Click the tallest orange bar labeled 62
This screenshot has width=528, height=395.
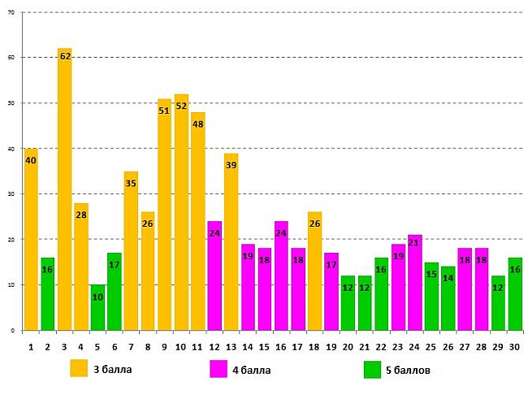point(64,195)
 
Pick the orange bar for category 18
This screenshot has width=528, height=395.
point(314,276)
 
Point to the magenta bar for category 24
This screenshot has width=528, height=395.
point(414,284)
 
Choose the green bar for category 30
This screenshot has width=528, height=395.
point(514,297)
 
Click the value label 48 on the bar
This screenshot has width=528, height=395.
point(197,124)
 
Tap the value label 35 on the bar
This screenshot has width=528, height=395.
point(131,184)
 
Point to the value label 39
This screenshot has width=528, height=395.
point(231,165)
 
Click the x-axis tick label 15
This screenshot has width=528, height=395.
point(264,347)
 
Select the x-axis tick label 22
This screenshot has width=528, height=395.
point(381,347)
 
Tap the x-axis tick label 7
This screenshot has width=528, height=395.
point(131,347)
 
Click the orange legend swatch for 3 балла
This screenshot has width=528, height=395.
point(78,369)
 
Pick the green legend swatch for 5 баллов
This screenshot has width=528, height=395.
point(373,369)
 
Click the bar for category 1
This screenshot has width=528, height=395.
point(31,244)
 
